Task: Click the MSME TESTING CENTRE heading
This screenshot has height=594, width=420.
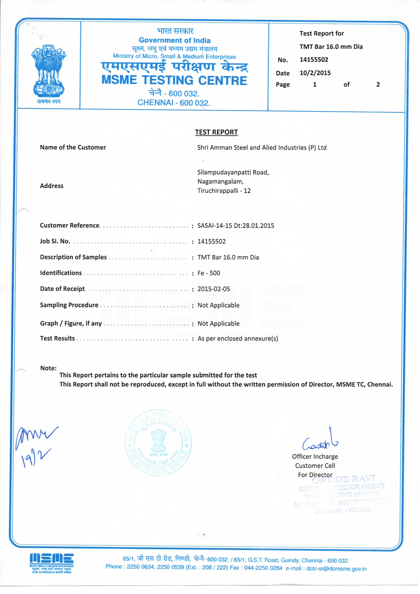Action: pos(174,80)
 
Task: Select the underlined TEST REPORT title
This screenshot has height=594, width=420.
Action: pos(216,132)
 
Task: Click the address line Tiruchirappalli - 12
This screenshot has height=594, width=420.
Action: pos(224,191)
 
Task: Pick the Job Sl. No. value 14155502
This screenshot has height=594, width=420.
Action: pos(211,241)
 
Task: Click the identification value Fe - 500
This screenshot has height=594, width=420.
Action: pos(209,273)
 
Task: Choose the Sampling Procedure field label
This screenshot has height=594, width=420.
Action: pos(69,305)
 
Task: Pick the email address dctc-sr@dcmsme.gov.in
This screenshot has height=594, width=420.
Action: pos(336,569)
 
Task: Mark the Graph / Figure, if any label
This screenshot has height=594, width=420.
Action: pos(71,323)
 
